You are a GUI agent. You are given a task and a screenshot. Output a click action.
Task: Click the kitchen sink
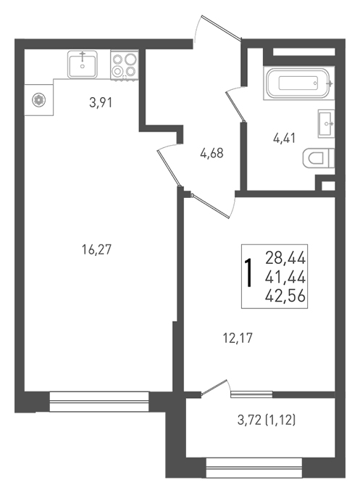click(83, 65)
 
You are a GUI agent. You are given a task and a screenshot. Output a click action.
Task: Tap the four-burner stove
click(125, 65)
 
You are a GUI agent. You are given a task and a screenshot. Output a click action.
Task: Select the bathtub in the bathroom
click(298, 83)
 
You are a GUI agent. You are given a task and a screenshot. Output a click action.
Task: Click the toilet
click(318, 158)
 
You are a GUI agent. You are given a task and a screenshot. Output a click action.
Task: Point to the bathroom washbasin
click(326, 123)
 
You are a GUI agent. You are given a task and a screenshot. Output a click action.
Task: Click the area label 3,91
click(101, 102)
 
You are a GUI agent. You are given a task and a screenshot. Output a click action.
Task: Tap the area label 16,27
click(97, 250)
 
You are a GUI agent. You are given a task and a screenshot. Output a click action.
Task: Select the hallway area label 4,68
click(212, 154)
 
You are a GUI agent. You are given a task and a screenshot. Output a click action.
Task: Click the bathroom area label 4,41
click(284, 138)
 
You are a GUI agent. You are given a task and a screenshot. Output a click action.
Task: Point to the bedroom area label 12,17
click(238, 339)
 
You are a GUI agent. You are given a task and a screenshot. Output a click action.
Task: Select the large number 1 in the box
click(248, 273)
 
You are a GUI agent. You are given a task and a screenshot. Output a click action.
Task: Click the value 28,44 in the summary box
click(285, 258)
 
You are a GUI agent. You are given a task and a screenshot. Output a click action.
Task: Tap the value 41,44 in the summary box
click(285, 277)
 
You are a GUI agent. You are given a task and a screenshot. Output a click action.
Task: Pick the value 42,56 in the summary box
click(285, 296)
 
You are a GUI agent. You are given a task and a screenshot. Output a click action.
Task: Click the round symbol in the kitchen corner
click(39, 99)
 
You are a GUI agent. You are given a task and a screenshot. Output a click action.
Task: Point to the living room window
click(99, 402)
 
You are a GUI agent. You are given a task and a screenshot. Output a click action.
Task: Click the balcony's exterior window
click(254, 468)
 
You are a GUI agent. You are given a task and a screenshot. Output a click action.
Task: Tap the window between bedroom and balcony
click(251, 394)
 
